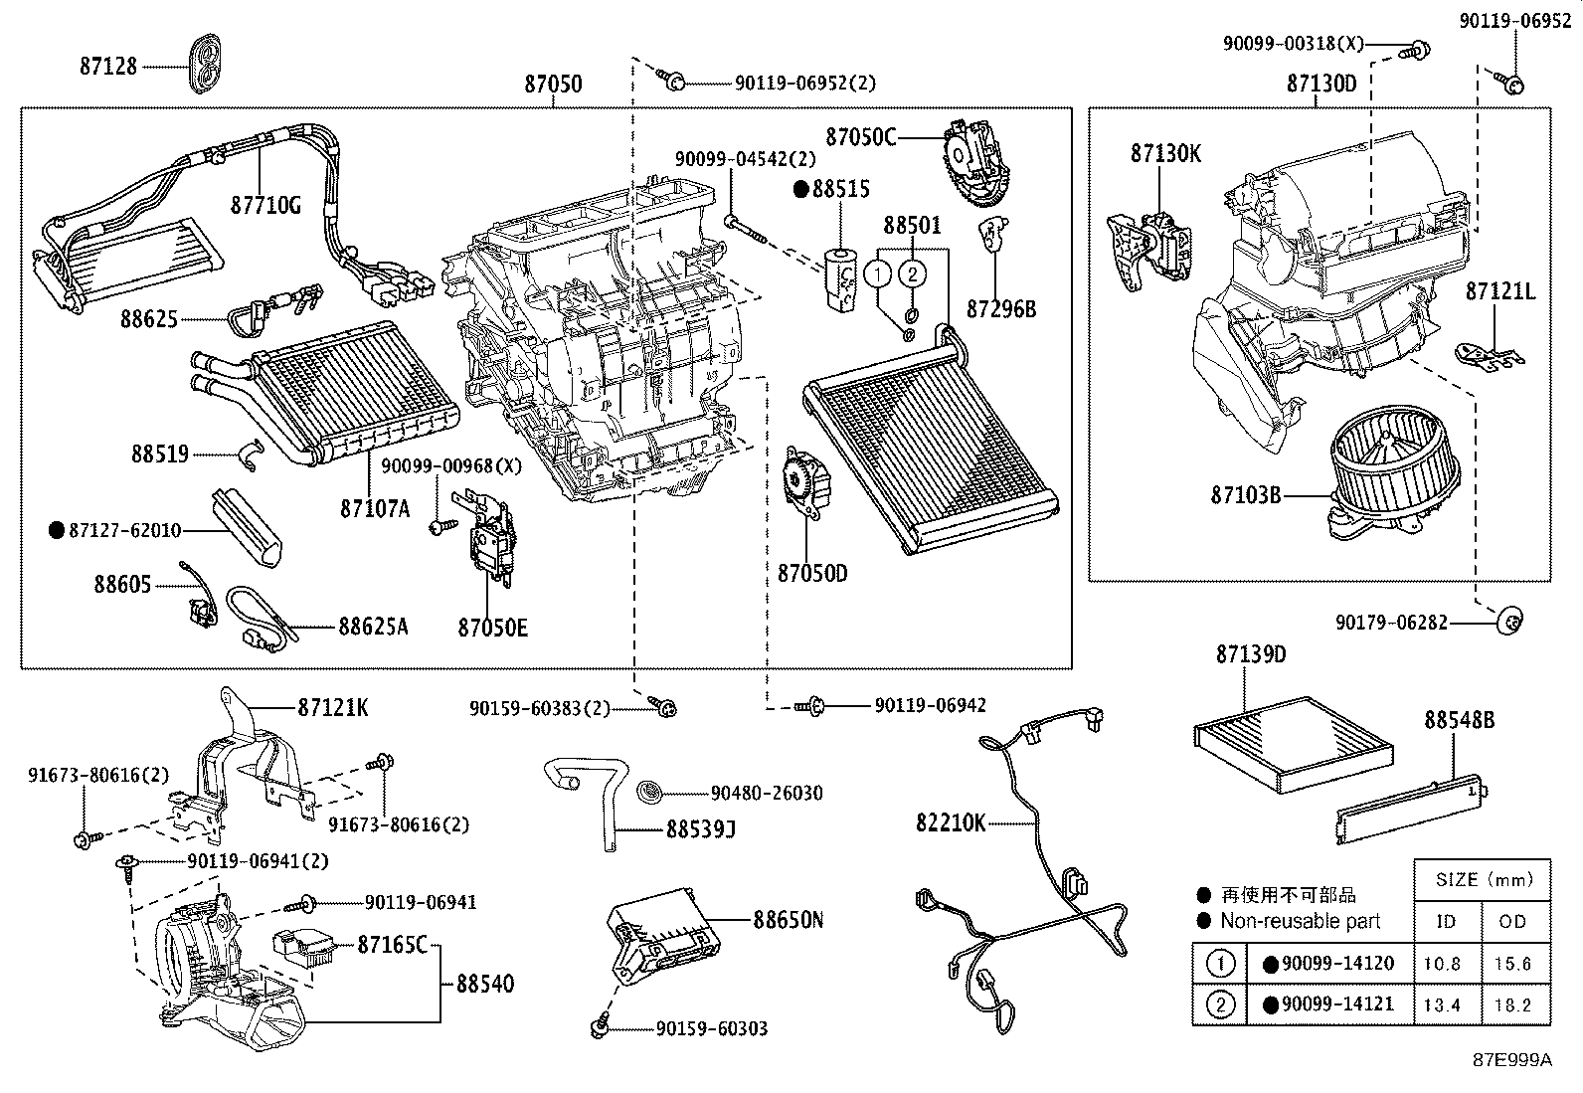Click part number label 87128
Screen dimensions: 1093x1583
point(108,67)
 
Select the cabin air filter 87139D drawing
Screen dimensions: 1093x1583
point(1293,745)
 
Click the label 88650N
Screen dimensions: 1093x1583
point(788,920)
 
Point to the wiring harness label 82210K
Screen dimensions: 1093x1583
point(951,823)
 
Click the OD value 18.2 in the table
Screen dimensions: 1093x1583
point(1512,1004)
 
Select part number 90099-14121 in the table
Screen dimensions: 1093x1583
point(1337,1004)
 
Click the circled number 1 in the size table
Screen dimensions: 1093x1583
point(1220,964)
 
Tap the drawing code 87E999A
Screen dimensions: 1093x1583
point(1512,1060)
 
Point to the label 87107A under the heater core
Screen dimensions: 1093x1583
point(375,508)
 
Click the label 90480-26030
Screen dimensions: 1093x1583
point(767,793)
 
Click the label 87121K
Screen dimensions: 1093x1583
point(333,707)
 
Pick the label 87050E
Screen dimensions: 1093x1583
point(492,628)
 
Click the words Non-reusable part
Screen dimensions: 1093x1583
point(1301,921)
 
